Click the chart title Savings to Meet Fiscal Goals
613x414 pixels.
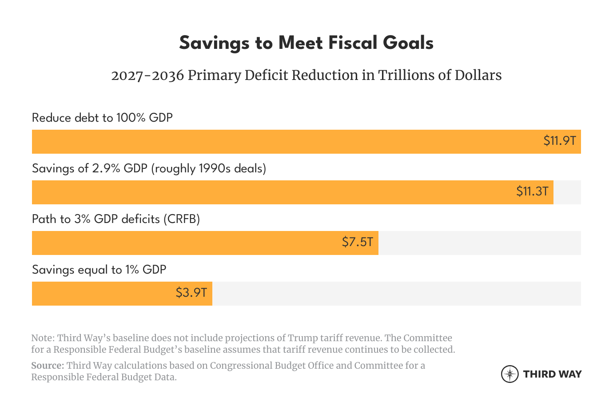(306, 43)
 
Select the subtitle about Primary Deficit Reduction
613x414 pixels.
(306, 76)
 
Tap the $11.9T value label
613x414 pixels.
(559, 141)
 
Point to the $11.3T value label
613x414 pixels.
(532, 191)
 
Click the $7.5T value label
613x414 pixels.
(357, 242)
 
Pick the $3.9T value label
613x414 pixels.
(191, 293)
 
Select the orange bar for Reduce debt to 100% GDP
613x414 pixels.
(284, 142)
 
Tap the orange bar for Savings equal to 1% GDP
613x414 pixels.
(102, 294)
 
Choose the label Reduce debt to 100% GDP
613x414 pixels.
(102, 118)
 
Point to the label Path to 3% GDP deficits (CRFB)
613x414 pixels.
(116, 219)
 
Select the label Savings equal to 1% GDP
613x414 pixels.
(99, 270)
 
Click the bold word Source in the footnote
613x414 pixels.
(47, 366)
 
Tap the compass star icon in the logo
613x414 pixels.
(510, 374)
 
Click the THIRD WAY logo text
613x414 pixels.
(552, 374)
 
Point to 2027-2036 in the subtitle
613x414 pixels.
(147, 76)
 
